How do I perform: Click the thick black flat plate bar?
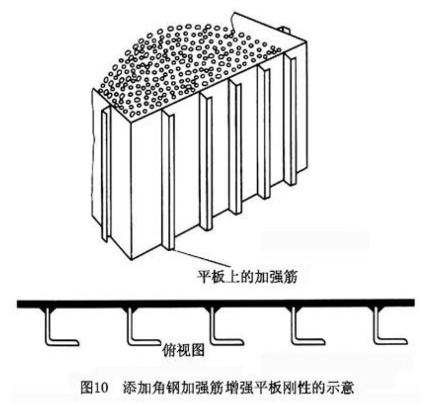(215, 303)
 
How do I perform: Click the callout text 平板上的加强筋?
(247, 276)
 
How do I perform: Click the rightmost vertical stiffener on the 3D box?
(293, 120)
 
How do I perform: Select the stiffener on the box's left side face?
(106, 174)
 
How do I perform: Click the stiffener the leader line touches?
(169, 182)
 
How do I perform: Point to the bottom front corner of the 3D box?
(131, 259)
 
